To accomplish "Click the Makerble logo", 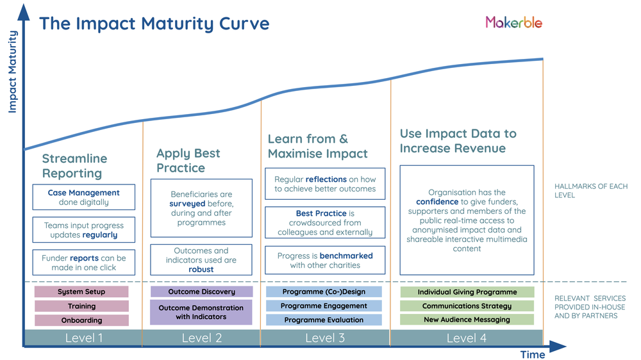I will (513, 22).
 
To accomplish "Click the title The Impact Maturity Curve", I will (154, 24).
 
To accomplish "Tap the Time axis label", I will (533, 354).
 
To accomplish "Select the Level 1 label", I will (83, 338).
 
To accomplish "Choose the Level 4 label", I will (466, 338).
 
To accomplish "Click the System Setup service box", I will (81, 292).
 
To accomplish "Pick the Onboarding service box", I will (81, 320).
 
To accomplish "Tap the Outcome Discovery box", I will (201, 292).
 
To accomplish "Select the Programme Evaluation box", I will (324, 320).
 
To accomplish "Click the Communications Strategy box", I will (467, 306).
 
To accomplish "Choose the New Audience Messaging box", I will (467, 320).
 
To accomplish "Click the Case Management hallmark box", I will (83, 197).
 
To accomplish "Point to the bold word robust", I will (201, 270).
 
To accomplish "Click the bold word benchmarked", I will (346, 256).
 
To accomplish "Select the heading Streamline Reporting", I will (74, 166).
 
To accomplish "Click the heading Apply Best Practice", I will (188, 161).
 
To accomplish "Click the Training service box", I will (81, 306).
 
